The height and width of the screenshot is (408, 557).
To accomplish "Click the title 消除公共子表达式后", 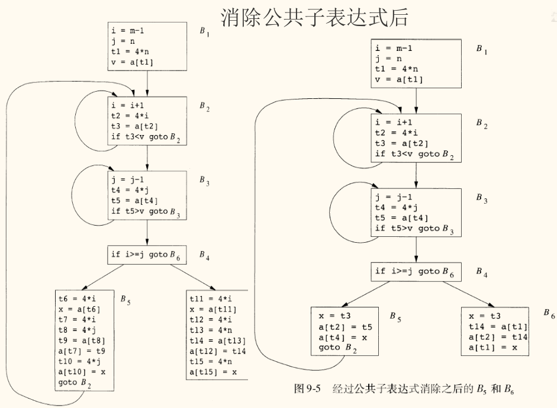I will (314, 18).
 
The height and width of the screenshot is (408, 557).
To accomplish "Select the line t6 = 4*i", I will (76, 299).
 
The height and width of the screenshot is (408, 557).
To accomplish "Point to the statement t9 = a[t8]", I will (78, 341).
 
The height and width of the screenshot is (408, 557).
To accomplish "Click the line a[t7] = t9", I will (81, 351).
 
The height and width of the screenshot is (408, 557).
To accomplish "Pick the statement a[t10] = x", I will (81, 372).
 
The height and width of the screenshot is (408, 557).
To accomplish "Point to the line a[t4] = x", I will (342, 336).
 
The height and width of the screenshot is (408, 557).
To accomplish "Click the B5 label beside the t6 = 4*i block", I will (125, 301).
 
